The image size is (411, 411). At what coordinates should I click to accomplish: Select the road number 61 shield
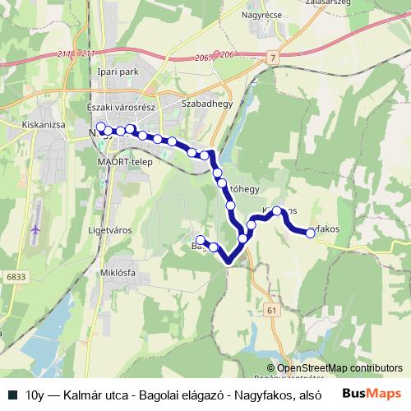[273, 309]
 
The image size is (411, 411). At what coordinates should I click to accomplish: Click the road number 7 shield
[273, 58]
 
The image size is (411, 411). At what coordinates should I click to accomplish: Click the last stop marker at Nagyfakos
[311, 233]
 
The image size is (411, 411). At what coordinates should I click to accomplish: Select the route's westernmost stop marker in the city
[101, 127]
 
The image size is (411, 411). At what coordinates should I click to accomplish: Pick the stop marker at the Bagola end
[201, 239]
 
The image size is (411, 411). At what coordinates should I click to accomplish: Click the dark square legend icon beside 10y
[12, 394]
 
